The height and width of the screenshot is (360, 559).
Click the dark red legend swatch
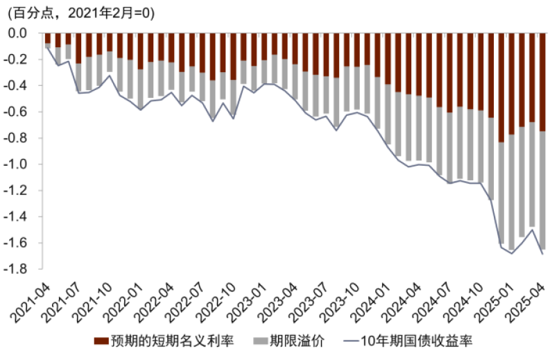click(x=100, y=341)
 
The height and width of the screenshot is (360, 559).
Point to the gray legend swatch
click(x=260, y=341)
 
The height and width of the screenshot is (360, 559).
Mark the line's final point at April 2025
click(x=542, y=255)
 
